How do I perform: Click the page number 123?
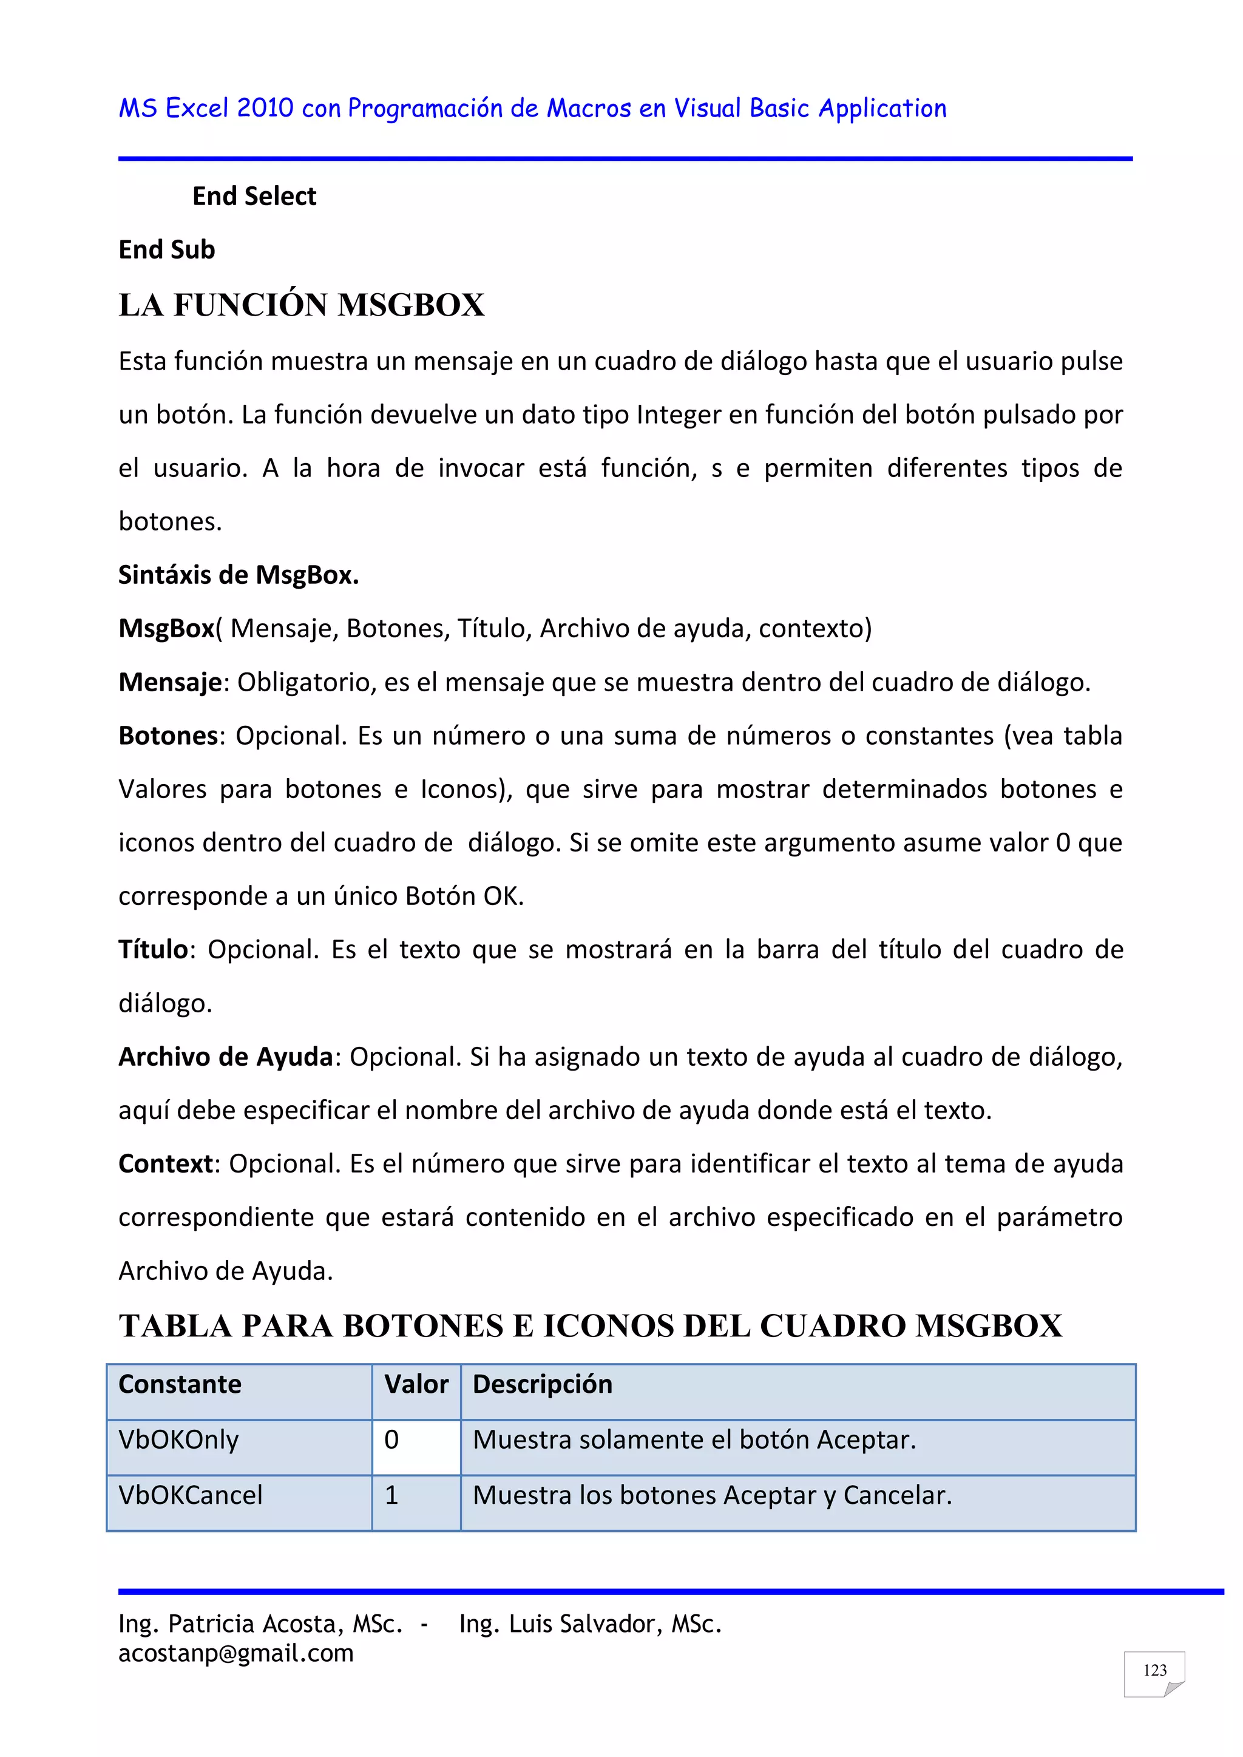click(1154, 1670)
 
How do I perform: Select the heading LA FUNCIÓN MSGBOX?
click(302, 305)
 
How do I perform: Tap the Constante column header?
click(180, 1384)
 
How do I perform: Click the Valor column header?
click(416, 1384)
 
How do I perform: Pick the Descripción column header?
click(542, 1384)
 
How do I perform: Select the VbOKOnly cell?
click(178, 1440)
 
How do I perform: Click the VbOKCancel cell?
click(190, 1495)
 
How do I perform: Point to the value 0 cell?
click(392, 1440)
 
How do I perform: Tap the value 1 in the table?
click(392, 1495)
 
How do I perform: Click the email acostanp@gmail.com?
click(235, 1653)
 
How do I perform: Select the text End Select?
click(254, 197)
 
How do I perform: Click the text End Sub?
click(167, 249)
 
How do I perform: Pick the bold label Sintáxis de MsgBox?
click(238, 575)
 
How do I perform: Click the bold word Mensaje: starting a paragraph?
click(170, 682)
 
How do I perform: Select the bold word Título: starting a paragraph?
click(154, 950)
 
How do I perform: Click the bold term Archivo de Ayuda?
click(226, 1057)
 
